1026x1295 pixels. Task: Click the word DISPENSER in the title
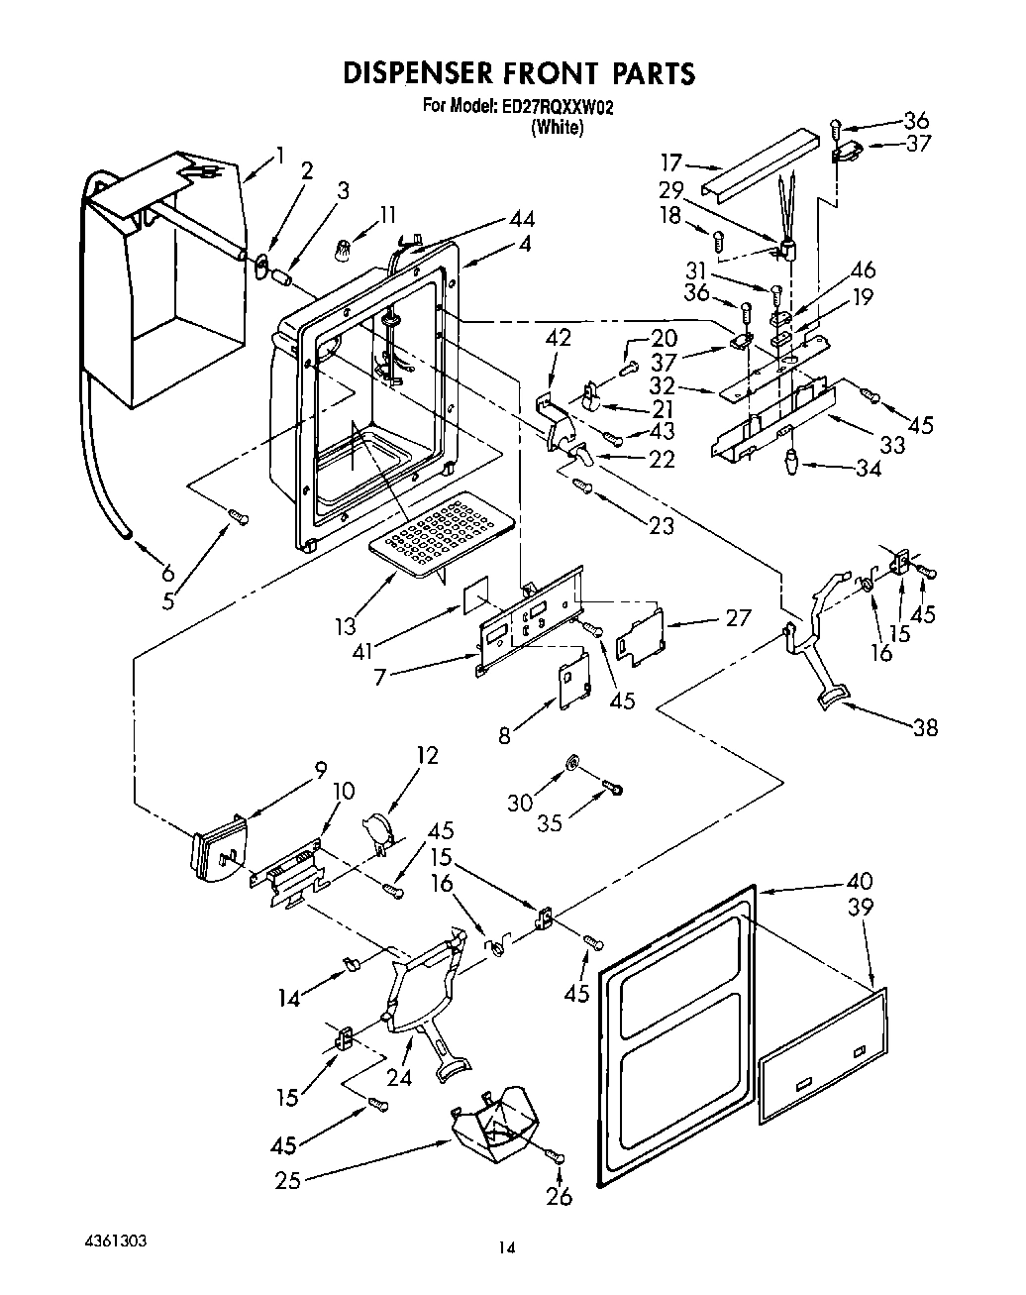417,74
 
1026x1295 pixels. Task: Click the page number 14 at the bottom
506,1248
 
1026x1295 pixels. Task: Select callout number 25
288,1179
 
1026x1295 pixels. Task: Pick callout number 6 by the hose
166,573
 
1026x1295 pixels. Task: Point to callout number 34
868,469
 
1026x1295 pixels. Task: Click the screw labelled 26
559,1157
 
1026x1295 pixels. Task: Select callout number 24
398,1078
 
